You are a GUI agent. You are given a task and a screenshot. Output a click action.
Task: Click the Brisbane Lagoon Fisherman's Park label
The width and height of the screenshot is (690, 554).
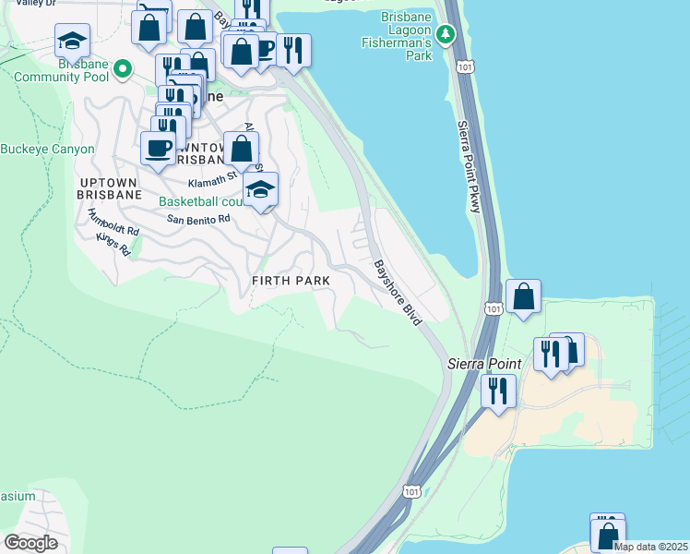point(407,36)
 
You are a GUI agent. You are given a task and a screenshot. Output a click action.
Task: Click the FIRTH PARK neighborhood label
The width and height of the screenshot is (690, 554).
point(290,280)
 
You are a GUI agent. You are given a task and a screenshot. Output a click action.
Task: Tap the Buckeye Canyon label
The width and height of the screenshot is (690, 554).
point(47,149)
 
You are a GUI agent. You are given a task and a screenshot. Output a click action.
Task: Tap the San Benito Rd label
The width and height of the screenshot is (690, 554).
point(197,219)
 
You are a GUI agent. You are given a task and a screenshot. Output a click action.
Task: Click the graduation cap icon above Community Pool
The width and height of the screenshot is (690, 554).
point(72,42)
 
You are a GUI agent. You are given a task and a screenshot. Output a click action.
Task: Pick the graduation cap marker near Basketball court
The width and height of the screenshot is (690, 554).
point(261,190)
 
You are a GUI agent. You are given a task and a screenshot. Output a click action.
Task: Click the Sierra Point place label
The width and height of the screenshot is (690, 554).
point(485,364)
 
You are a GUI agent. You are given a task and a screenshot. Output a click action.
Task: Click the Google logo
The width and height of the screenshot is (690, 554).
point(30,542)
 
